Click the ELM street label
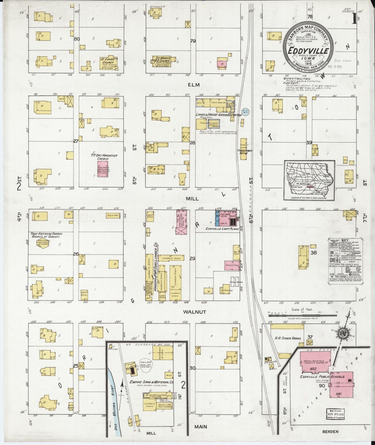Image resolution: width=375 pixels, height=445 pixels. tap(192, 84)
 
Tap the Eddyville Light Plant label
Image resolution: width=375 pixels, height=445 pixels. tap(222, 229)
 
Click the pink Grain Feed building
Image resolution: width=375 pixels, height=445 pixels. tap(232, 265)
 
